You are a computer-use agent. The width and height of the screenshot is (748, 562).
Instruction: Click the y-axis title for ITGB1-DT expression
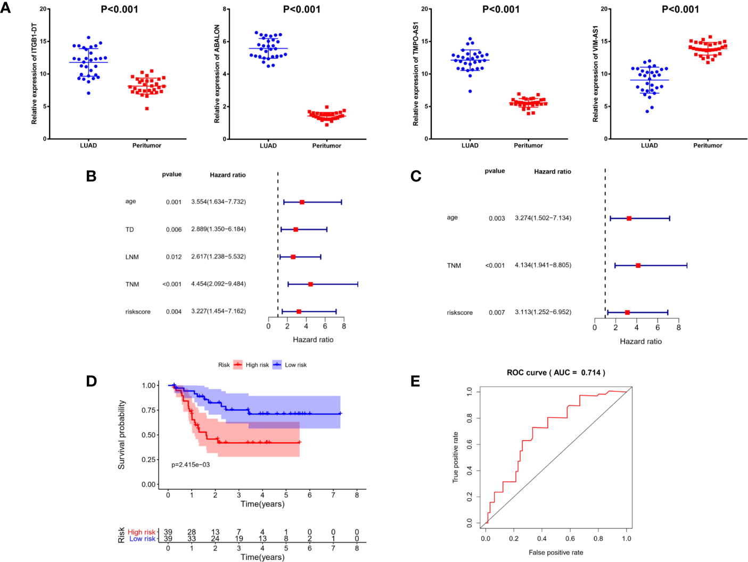pyautogui.click(x=34, y=73)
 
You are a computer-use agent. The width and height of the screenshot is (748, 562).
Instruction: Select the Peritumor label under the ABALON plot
pyautogui.click(x=326, y=145)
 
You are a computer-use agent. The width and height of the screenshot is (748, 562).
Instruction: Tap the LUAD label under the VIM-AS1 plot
pyautogui.click(x=649, y=145)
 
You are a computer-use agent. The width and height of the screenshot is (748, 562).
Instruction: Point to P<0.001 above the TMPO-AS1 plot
pyautogui.click(x=500, y=9)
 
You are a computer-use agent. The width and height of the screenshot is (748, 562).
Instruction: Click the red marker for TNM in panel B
pyautogui.click(x=310, y=284)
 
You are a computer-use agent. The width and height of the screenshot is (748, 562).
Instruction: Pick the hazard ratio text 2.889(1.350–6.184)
pyautogui.click(x=218, y=229)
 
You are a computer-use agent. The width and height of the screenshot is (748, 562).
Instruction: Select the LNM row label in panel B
pyautogui.click(x=132, y=257)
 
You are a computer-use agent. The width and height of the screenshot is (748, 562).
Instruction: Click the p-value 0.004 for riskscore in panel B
pyautogui.click(x=174, y=312)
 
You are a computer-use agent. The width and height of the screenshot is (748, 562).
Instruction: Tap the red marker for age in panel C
pyautogui.click(x=629, y=218)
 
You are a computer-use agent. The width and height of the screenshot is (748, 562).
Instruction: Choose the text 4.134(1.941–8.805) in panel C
pyautogui.click(x=542, y=265)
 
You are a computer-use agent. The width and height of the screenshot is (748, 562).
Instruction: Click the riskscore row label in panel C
pyautogui.click(x=459, y=313)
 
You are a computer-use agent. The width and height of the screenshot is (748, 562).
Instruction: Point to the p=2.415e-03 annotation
pyautogui.click(x=191, y=465)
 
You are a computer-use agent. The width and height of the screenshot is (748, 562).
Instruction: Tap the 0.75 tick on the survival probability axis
pyautogui.click(x=149, y=410)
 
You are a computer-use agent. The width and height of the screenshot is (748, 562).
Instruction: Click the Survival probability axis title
pyautogui.click(x=121, y=434)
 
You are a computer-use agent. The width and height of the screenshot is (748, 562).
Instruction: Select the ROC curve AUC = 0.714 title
pyautogui.click(x=555, y=373)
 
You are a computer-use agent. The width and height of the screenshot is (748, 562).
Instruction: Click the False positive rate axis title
pyautogui.click(x=556, y=552)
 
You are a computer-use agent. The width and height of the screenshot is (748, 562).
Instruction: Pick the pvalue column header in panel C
pyautogui.click(x=495, y=171)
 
